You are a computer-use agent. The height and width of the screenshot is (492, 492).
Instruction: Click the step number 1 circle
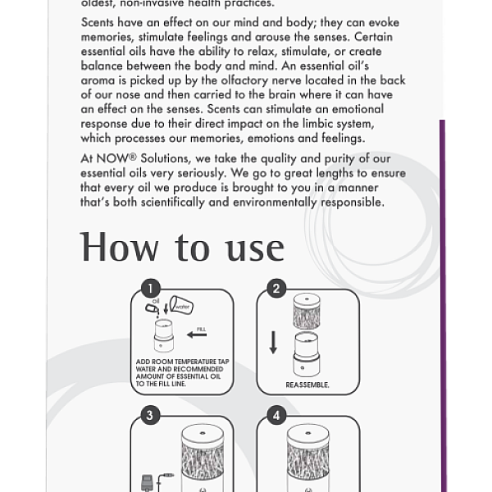coord(149,289)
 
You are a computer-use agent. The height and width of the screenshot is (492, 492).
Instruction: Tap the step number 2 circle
coord(276,289)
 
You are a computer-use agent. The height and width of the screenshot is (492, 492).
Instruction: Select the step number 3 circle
coord(149,415)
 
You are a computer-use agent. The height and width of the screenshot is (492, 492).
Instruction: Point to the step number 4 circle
coord(276,415)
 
